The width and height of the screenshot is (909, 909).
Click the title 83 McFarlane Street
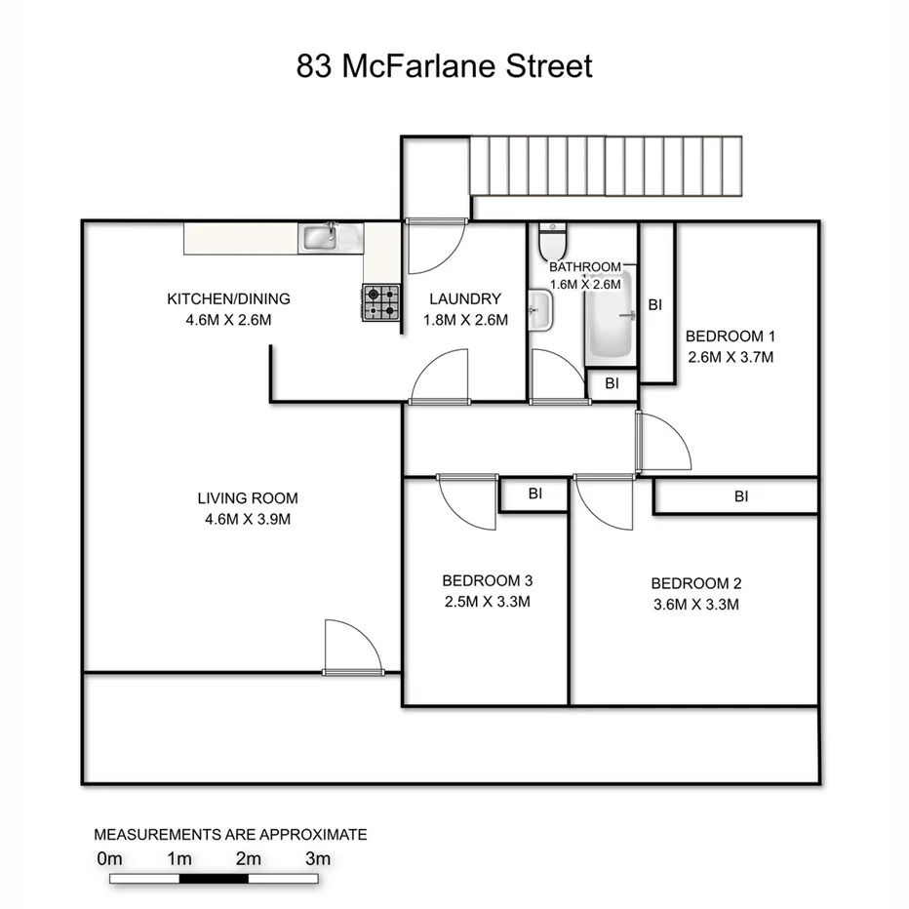coord(445,67)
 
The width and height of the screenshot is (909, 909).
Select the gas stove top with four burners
coord(381,302)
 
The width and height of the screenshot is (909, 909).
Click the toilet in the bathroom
coord(553,239)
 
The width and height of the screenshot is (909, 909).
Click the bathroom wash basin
coord(541,311)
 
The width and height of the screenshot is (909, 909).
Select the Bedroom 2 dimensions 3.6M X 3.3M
coord(696,604)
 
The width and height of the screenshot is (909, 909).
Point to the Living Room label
coord(248,498)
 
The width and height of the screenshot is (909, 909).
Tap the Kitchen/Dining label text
coord(228,299)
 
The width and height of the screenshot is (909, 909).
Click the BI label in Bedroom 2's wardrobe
coord(741,496)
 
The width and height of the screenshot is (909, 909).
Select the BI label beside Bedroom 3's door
coord(534,494)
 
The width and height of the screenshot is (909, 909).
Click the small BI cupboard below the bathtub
coord(612,384)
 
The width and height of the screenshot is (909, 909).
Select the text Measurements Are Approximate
coord(230,835)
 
